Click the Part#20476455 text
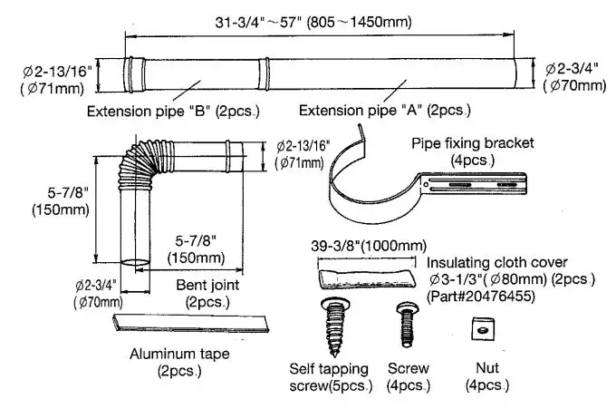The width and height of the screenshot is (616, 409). pyautogui.click(x=479, y=297)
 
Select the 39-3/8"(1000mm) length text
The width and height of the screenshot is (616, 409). pyautogui.click(x=367, y=245)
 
